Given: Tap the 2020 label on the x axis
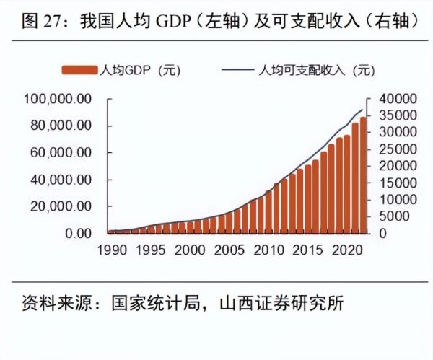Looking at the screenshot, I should pos(345,250).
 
